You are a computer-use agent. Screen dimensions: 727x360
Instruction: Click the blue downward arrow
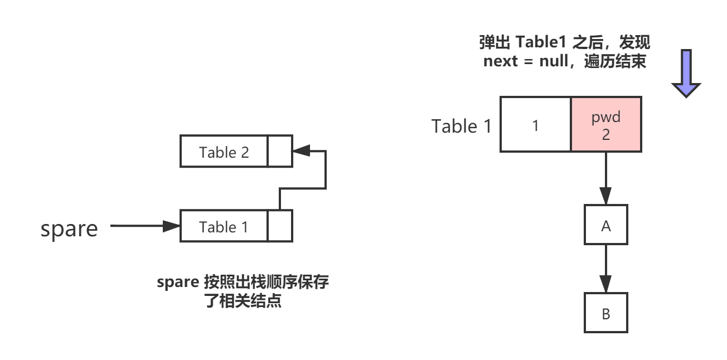[686, 72]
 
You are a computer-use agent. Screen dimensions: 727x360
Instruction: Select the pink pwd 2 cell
[607, 124]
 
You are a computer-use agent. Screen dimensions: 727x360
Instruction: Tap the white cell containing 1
[536, 124]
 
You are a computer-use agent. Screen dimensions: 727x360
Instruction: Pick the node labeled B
[606, 313]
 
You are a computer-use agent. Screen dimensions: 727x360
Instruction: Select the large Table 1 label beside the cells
[462, 126]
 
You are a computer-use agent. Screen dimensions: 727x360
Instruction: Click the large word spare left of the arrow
[69, 229]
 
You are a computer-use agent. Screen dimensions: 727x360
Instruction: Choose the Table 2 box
[224, 152]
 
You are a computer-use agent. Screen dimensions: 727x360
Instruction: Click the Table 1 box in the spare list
[224, 227]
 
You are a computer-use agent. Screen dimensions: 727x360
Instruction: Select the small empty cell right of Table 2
[280, 152]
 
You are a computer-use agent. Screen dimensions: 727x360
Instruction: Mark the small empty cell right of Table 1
[280, 227]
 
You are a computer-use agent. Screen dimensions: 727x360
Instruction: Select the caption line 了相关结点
[243, 302]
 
